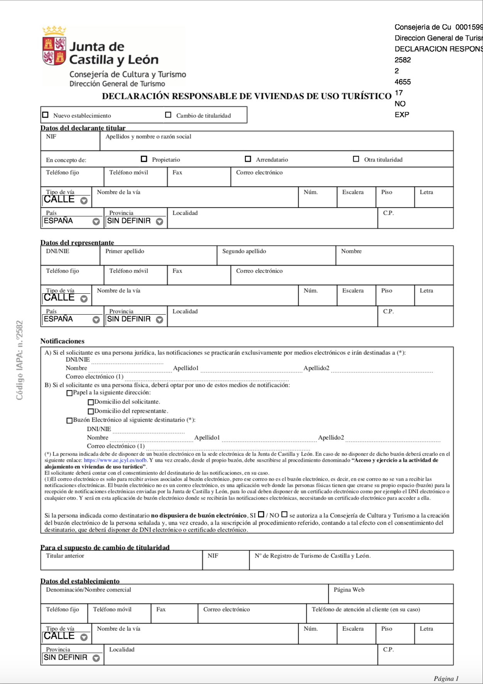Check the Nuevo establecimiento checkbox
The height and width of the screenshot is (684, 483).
(46, 115)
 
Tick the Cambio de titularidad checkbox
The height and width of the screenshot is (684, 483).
(168, 115)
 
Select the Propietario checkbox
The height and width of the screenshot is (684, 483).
(144, 159)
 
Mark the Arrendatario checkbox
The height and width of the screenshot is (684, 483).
(248, 159)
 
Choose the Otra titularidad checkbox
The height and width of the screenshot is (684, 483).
(356, 159)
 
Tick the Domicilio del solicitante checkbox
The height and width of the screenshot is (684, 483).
(91, 402)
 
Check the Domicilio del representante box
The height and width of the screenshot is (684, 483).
(91, 411)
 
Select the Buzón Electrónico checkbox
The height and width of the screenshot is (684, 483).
(69, 420)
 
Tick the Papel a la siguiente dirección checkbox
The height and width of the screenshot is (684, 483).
(69, 393)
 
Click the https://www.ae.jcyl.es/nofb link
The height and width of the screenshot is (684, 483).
(115, 460)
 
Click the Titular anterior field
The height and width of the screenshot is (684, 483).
(122, 562)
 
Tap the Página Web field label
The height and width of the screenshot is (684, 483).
(349, 590)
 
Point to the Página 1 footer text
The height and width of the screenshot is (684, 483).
(446, 678)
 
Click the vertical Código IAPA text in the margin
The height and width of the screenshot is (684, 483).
(20, 360)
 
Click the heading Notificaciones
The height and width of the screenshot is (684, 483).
(62, 341)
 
